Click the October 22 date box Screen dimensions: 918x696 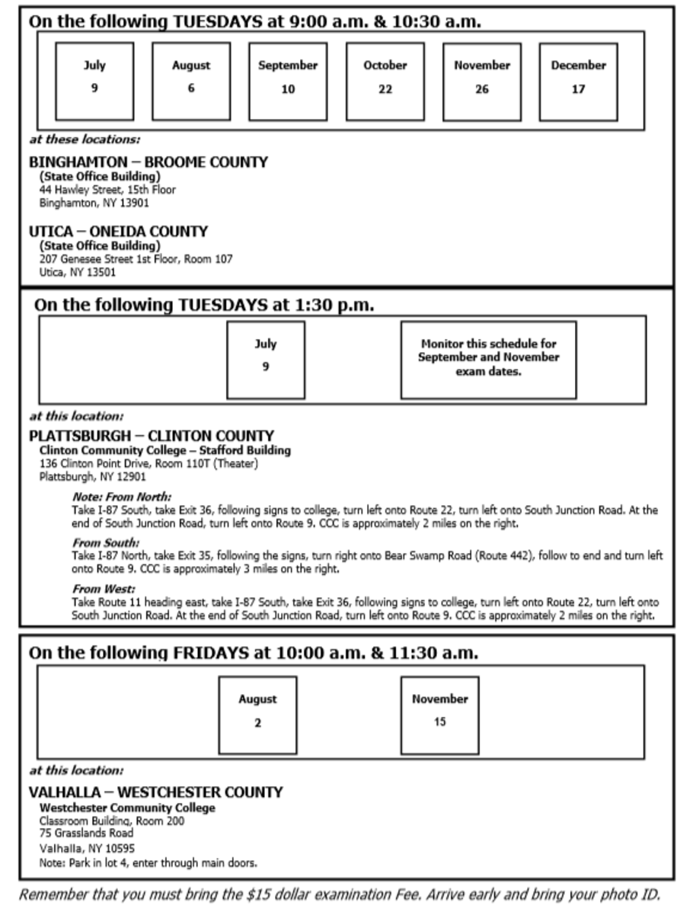coord(385,82)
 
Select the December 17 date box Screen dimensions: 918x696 coord(578,82)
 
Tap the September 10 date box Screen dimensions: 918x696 coord(287,82)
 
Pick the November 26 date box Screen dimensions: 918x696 coord(481,82)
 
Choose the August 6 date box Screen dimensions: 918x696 coord(190,82)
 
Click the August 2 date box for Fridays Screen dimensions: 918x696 coord(257,715)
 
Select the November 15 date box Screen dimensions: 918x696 coord(439,715)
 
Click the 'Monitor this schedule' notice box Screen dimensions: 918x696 coord(488,360)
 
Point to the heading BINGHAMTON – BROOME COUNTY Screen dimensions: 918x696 coord(148,162)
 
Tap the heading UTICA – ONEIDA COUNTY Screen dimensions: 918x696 coord(118,231)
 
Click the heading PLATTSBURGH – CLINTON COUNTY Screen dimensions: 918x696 coord(152,437)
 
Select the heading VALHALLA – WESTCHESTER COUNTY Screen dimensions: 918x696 coord(155,792)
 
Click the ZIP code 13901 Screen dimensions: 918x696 coord(133,203)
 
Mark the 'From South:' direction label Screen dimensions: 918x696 coord(106,543)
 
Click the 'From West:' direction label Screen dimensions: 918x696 coord(104,589)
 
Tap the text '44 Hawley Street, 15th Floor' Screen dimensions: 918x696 coord(107,190)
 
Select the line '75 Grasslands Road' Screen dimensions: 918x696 coord(86,833)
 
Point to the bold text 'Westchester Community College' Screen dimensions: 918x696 coord(127,808)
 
